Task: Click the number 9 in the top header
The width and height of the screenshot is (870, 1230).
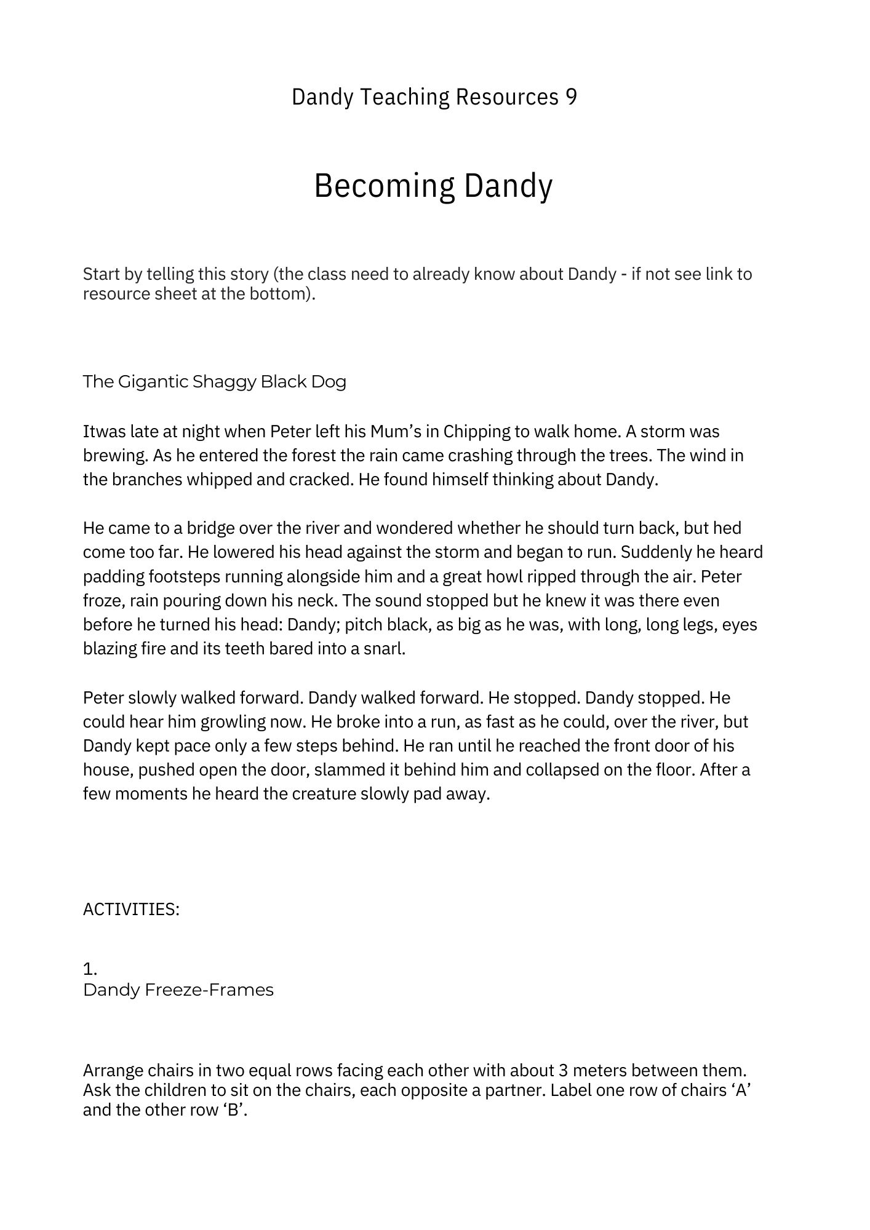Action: click(570, 97)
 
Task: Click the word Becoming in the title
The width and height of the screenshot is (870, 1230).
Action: click(385, 186)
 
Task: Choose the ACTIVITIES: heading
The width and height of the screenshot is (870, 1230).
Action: click(131, 910)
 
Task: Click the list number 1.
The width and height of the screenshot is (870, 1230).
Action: click(90, 970)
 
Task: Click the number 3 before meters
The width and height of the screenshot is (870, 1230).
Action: click(564, 1071)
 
